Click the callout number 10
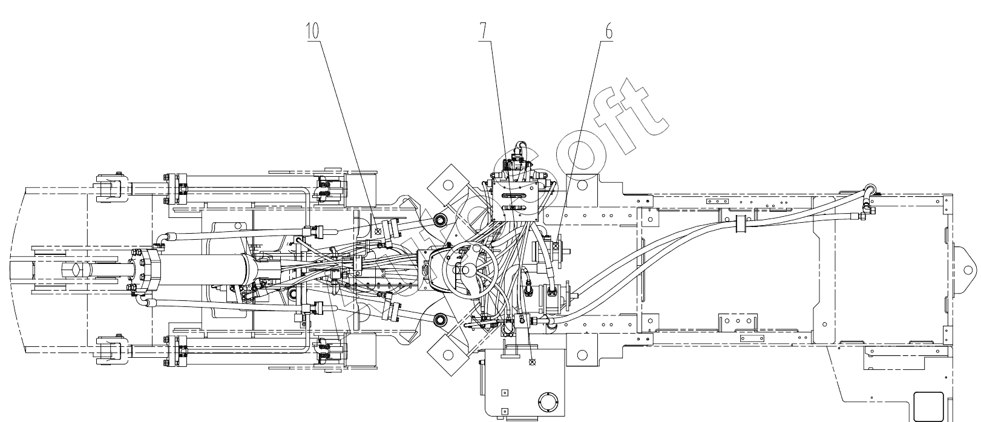point(312,31)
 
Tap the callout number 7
point(484,31)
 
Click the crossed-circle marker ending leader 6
point(555,245)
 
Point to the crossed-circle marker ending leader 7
point(533,363)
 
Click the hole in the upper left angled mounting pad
point(448,185)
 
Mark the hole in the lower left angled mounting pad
point(448,353)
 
